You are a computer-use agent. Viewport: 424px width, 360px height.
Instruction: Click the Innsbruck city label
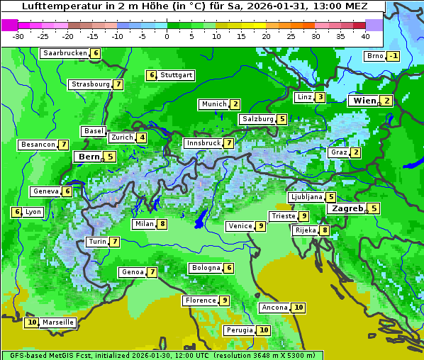click(202, 143)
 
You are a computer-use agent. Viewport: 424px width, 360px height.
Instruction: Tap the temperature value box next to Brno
click(394, 57)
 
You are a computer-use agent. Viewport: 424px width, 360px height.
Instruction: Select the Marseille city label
click(58, 322)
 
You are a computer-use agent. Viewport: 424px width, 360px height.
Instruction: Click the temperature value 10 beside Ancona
click(299, 308)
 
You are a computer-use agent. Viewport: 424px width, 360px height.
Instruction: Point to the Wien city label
click(364, 101)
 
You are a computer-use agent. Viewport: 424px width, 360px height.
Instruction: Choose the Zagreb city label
click(347, 208)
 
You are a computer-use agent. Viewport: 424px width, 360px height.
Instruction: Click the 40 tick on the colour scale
click(365, 36)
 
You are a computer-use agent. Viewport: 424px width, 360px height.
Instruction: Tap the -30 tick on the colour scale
click(18, 36)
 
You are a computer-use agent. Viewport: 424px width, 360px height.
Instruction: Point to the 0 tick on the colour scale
click(167, 36)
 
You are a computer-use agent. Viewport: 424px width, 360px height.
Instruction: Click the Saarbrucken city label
click(65, 53)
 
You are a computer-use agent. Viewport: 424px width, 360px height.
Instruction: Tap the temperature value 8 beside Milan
click(162, 225)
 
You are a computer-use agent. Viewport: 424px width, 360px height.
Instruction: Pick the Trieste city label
click(283, 216)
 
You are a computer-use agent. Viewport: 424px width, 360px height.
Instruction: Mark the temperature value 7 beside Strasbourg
click(118, 84)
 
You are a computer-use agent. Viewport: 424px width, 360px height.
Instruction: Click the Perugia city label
click(239, 330)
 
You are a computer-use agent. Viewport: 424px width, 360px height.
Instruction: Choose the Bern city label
click(89, 157)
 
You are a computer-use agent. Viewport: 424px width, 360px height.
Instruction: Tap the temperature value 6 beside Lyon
click(16, 212)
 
